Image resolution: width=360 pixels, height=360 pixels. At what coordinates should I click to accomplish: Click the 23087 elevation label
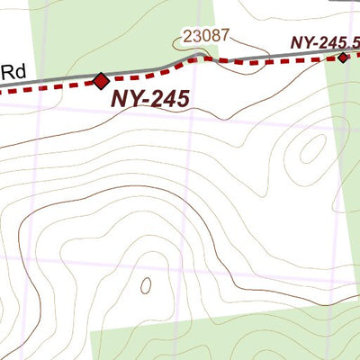206,37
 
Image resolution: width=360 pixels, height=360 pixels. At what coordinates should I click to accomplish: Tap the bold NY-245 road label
150,99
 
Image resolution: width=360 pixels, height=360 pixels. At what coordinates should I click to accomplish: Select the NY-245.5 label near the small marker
324,41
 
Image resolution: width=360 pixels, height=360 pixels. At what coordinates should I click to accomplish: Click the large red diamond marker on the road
100,81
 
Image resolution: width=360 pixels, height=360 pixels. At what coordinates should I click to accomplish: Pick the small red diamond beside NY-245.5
343,58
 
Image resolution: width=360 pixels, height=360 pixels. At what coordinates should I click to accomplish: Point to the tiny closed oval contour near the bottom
145,285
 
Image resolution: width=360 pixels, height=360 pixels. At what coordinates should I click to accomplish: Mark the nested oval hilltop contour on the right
311,149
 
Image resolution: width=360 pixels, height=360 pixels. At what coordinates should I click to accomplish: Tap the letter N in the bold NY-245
119,99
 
